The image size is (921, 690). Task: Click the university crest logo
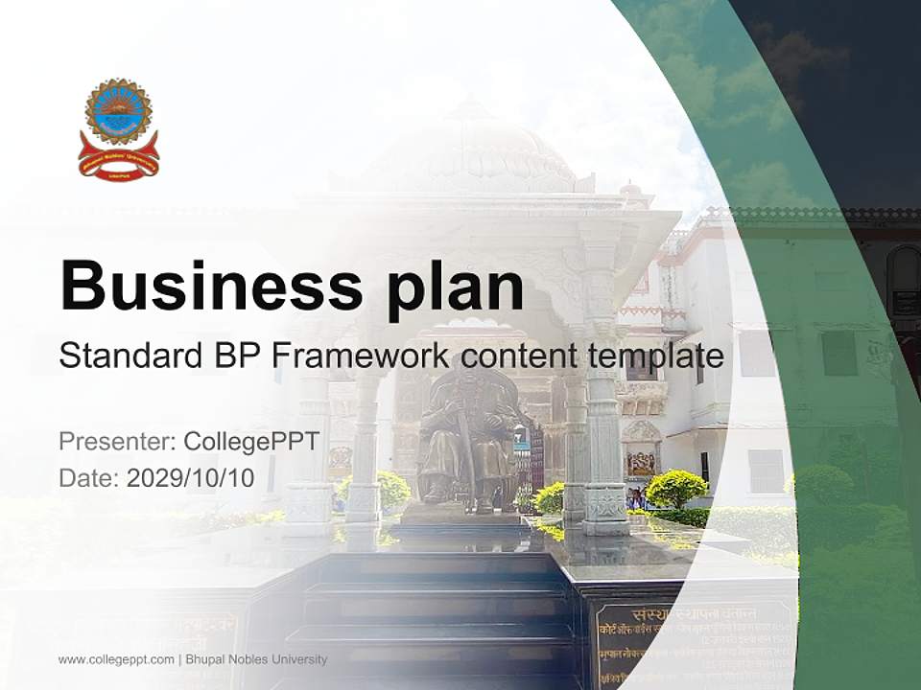119,129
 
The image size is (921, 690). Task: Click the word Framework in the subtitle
360,356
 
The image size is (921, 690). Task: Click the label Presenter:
116,442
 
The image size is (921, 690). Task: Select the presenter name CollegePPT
251,442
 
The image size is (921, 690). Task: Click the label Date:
89,478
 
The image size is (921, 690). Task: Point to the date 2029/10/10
191,478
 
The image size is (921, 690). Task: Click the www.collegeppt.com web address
116,659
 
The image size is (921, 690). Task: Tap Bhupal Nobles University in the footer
256,659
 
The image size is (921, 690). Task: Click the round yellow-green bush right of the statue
676,489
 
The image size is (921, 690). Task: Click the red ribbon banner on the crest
119,162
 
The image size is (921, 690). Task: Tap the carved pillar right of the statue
602,422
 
